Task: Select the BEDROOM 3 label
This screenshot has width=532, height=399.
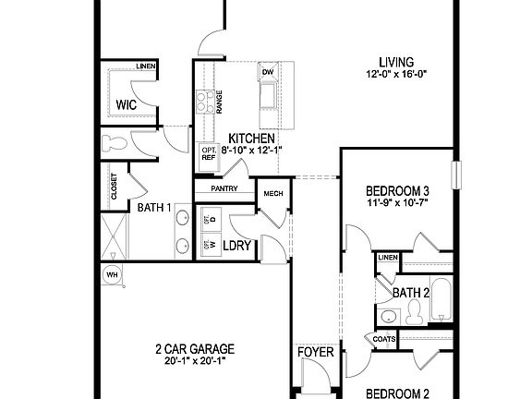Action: (x=397, y=191)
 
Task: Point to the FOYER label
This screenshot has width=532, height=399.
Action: (x=315, y=353)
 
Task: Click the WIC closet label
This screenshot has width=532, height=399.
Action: (x=127, y=105)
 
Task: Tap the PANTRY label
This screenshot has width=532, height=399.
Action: (x=224, y=188)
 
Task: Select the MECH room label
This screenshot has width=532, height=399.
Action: (x=272, y=193)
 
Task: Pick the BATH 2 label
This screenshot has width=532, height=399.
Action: (x=412, y=293)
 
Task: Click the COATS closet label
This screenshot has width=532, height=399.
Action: (x=386, y=339)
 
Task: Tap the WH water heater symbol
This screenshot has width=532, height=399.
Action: (x=112, y=274)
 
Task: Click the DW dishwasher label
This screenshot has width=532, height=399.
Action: (x=268, y=72)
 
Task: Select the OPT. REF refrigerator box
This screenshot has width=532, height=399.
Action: (x=208, y=153)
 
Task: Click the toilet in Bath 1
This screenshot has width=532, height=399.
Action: (x=115, y=143)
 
